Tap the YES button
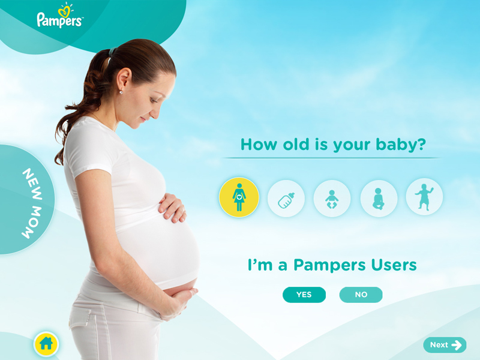point(304,295)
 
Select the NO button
point(361,295)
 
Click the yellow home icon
point(46,344)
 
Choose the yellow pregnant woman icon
point(239,197)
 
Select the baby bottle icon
point(286,199)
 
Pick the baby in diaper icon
point(332,199)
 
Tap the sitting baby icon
point(379,199)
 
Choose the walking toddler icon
point(424,197)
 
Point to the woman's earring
point(121,92)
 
